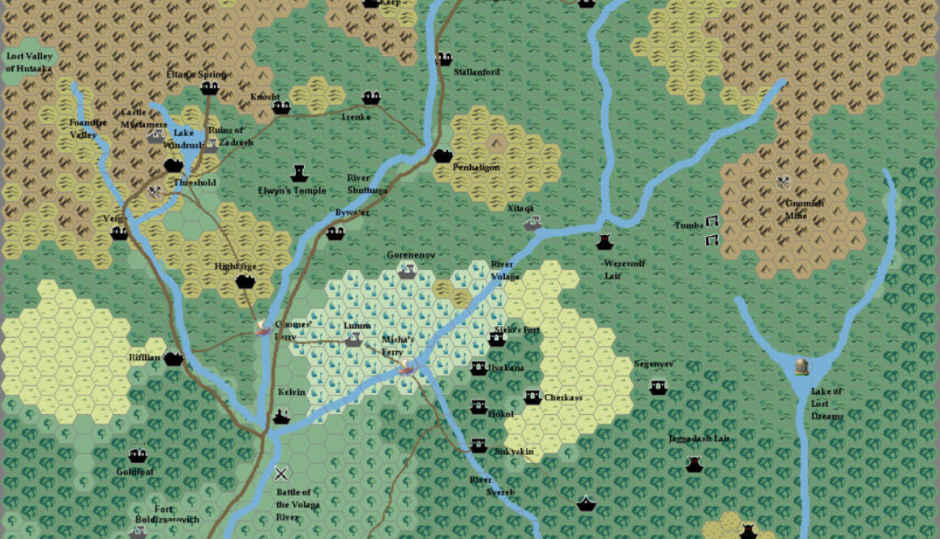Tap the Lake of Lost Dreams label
coord(827,404)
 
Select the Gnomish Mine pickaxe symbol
coord(784,182)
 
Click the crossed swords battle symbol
coord(281,474)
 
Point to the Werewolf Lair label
coord(624,269)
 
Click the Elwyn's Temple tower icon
coord(298,173)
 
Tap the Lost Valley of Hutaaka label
coord(28,62)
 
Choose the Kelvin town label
coord(292,392)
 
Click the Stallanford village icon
coord(443,58)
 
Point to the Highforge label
coord(235,266)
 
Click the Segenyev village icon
coord(658,387)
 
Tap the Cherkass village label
coord(563,398)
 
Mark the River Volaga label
coord(505,271)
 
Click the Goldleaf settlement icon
coord(138,456)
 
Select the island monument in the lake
coord(802,367)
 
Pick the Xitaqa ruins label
coord(520,208)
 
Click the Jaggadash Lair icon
coord(694,464)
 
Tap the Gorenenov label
coord(411,255)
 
